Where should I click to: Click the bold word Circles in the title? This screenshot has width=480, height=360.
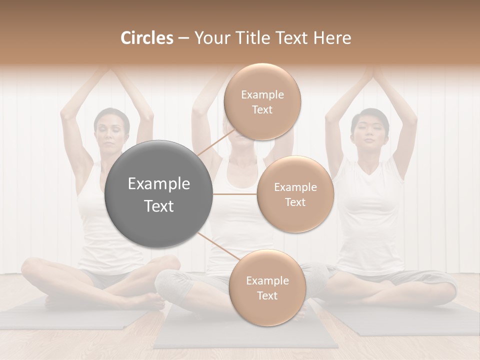click(147, 38)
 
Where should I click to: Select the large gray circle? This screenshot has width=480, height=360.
click(159, 194)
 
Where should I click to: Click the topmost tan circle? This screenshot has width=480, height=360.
click(262, 102)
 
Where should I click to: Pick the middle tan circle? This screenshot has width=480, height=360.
click(295, 194)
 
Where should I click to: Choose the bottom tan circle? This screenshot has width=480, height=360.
click(267, 287)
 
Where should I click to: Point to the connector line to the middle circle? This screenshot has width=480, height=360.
click(235, 194)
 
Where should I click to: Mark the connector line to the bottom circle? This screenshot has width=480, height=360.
click(216, 246)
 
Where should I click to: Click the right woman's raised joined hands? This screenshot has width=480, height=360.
click(370, 75)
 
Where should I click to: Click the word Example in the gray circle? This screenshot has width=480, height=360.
click(159, 184)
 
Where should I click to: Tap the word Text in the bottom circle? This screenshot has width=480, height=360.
click(267, 295)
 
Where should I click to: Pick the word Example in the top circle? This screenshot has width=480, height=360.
click(262, 94)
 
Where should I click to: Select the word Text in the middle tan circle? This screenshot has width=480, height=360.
click(295, 202)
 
